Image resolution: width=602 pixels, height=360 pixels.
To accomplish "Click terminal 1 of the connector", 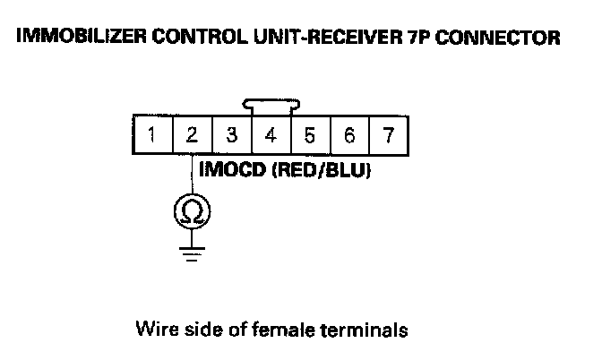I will pos(154,137).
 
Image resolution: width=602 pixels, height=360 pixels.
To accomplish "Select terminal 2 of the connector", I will pos(193,137).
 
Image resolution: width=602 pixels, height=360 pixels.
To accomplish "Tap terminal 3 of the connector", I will pos(231,137).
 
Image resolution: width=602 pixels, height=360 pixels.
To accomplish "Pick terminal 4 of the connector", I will pos(271,137).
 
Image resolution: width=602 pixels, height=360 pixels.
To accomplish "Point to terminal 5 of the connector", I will pos(309,137).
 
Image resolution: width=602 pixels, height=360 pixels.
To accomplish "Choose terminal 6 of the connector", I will pos(348,137).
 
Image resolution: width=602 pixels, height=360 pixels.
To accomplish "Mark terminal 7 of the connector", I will pos(387,137).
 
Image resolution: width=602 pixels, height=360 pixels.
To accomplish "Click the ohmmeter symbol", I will pos(192,210).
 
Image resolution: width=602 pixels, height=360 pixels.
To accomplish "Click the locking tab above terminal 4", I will pos(271,107).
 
